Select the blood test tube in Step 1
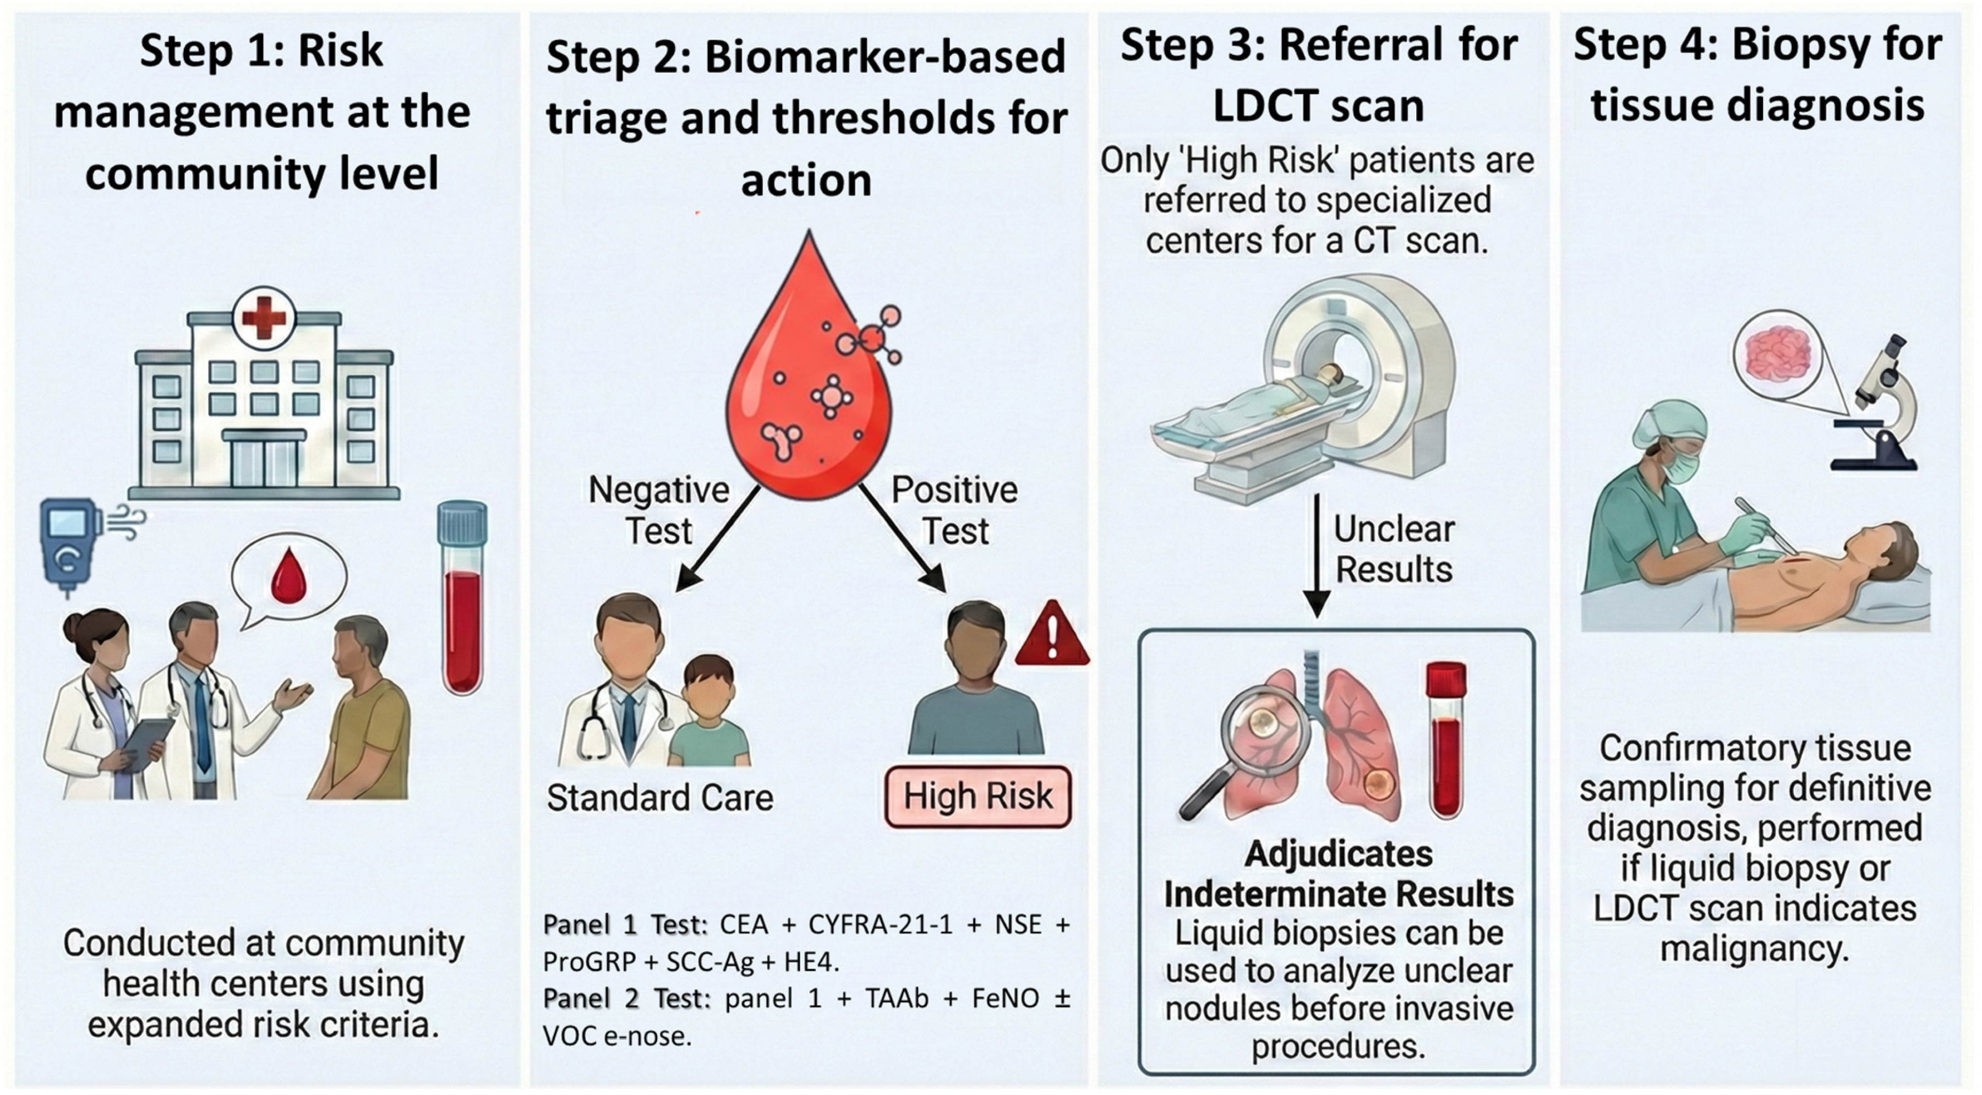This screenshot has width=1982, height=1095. (x=462, y=598)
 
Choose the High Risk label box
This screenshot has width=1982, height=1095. (x=978, y=797)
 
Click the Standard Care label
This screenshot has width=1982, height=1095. (x=660, y=797)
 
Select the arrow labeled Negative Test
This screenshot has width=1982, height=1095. (x=717, y=538)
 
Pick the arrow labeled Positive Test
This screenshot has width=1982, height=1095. (x=902, y=538)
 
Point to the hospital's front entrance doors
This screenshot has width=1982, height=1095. (x=264, y=462)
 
